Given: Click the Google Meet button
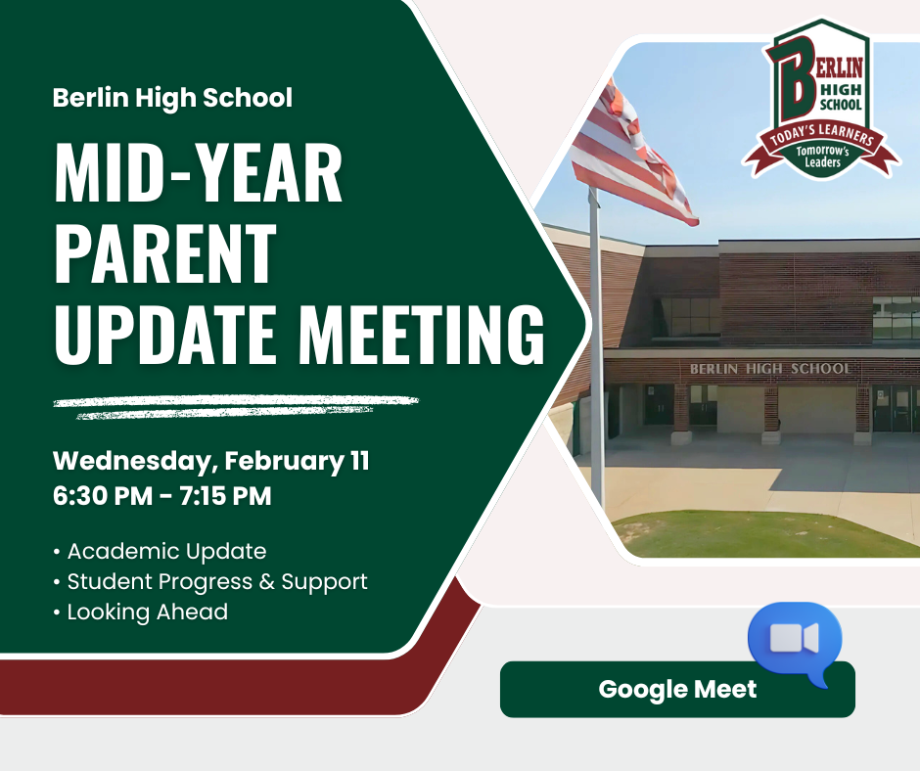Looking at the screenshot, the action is [677, 690].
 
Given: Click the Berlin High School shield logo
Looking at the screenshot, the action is [821, 99].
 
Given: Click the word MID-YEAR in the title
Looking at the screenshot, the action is [199, 173].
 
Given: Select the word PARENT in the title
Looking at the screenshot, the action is [165, 254].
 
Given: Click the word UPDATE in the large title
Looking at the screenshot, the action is [165, 335].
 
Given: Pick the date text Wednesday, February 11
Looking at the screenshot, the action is [211, 462].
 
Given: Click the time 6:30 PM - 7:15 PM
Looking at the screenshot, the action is [161, 496].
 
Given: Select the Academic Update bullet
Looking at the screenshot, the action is [160, 552].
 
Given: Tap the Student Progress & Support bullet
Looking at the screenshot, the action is [210, 582].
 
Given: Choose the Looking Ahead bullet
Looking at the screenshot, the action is [140, 612].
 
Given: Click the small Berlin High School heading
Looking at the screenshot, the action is [172, 98].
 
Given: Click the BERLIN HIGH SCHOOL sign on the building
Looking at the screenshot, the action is [770, 369].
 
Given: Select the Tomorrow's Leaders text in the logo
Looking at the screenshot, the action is [822, 157].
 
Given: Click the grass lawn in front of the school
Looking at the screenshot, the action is [762, 534].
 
